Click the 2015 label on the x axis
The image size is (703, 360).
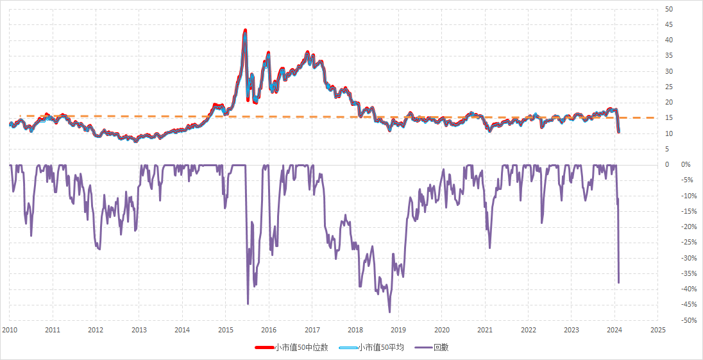[x=225, y=330]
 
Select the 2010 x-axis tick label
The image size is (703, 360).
[x=9, y=330]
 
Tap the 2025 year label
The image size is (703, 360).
[x=657, y=330]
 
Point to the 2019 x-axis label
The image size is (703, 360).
[x=398, y=330]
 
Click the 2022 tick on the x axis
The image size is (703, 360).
[x=528, y=330]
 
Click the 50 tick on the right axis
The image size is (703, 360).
[x=669, y=9]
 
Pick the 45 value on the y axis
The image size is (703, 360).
[x=669, y=24]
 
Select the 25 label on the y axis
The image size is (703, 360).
[x=669, y=87]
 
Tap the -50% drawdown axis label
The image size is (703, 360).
[x=690, y=320]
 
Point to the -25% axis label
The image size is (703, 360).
[x=690, y=243]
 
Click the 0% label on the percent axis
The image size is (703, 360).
[x=686, y=165]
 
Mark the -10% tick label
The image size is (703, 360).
[x=690, y=196]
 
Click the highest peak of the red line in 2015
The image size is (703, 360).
[x=245, y=30]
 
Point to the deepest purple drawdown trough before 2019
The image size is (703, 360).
[x=389, y=313]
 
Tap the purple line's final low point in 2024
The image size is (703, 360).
[x=619, y=282]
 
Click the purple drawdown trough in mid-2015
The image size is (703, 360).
[x=248, y=304]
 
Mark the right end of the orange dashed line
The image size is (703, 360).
[x=654, y=118]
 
